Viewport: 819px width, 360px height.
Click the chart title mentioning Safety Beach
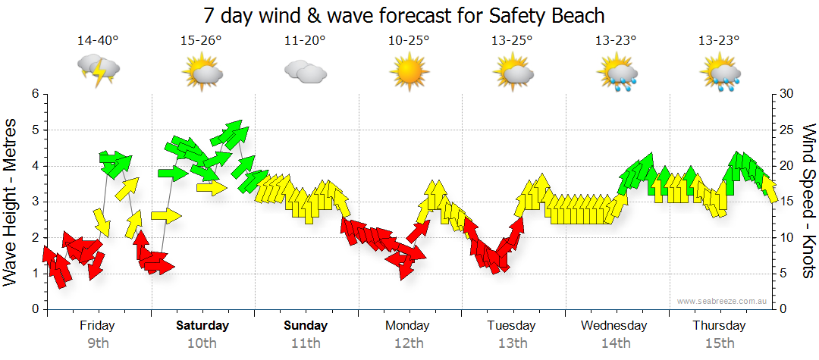tap(409, 15)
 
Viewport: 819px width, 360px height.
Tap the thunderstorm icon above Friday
tap(99, 72)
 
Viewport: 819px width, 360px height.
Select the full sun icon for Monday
tap(409, 73)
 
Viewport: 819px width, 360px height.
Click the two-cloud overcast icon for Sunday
tap(305, 73)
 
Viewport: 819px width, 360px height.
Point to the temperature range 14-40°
tap(98, 40)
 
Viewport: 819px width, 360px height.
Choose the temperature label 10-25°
tap(409, 40)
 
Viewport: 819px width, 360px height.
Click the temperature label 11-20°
tap(305, 40)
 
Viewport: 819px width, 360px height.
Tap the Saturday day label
tap(202, 326)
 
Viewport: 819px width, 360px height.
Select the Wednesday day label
tap(614, 326)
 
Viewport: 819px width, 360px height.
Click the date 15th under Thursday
tap(718, 343)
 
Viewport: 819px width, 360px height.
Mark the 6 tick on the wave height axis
tap(34, 94)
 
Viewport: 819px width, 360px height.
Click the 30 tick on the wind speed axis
tap(786, 94)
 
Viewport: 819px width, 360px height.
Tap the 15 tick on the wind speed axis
tap(786, 202)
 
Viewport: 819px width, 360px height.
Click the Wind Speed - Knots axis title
tap(808, 201)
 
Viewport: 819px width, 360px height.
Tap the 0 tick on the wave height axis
tap(34, 309)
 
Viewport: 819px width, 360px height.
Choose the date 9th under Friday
tap(98, 343)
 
